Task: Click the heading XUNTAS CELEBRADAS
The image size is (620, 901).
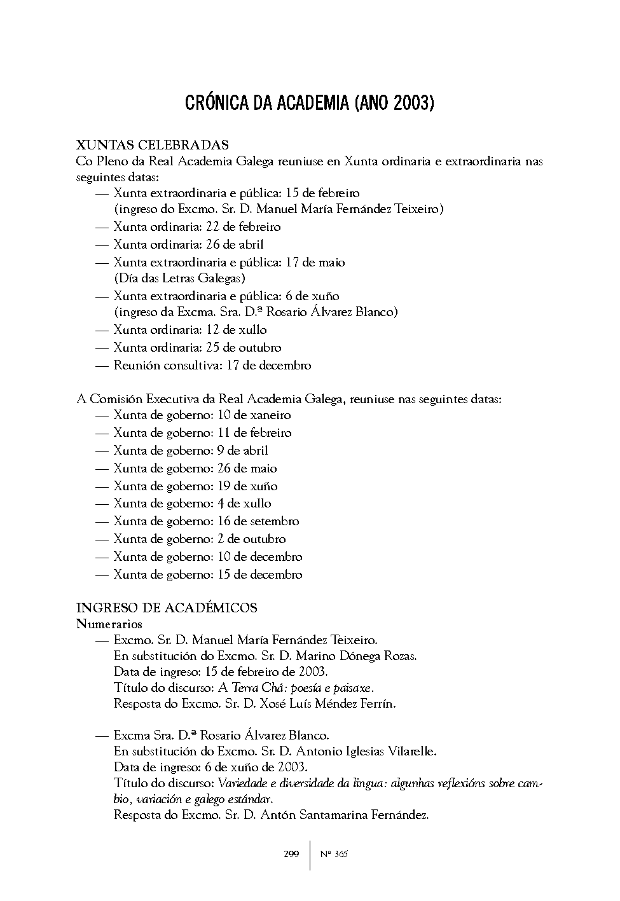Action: [152, 145]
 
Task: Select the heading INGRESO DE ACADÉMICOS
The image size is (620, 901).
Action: [167, 607]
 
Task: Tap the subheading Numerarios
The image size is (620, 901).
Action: [109, 624]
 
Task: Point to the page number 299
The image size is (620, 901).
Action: [291, 854]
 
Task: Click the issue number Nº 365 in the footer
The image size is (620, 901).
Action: [333, 854]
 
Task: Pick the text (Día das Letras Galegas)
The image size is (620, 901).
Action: [179, 278]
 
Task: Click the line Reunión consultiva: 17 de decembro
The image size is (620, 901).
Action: [212, 366]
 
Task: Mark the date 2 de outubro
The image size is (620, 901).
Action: [251, 539]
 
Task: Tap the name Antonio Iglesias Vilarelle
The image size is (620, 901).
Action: [366, 751]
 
